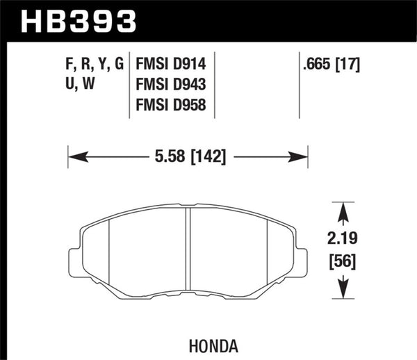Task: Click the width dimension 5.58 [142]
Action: [188, 156]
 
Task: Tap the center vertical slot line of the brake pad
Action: [189, 250]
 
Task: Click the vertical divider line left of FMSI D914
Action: [132, 86]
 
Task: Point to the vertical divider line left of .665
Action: [299, 86]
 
